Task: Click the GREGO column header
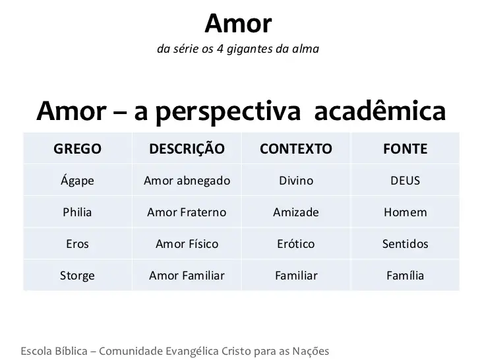[77, 149]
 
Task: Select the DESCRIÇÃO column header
[187, 148]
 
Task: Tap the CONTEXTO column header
[296, 149]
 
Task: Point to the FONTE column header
[405, 149]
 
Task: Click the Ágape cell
[77, 180]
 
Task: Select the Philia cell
[77, 212]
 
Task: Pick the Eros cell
[77, 244]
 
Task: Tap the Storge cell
[77, 276]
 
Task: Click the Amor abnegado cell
[187, 181]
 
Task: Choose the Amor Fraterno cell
[187, 212]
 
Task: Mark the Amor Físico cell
[187, 244]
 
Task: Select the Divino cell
[296, 181]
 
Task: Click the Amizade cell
[296, 212]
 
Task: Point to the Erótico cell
[296, 244]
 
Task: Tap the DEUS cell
[405, 181]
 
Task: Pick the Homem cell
[405, 212]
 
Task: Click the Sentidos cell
[405, 244]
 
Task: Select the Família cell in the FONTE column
[405, 276]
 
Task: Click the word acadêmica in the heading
[380, 110]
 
